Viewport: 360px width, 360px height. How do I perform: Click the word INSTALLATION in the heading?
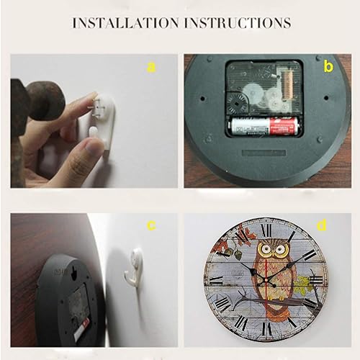(127, 23)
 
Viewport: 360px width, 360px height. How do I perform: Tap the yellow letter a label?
(150, 67)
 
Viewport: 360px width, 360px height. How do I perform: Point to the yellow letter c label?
(151, 226)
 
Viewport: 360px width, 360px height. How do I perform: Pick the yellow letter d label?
(322, 225)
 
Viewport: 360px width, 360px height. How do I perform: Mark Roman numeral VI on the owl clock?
(267, 329)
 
